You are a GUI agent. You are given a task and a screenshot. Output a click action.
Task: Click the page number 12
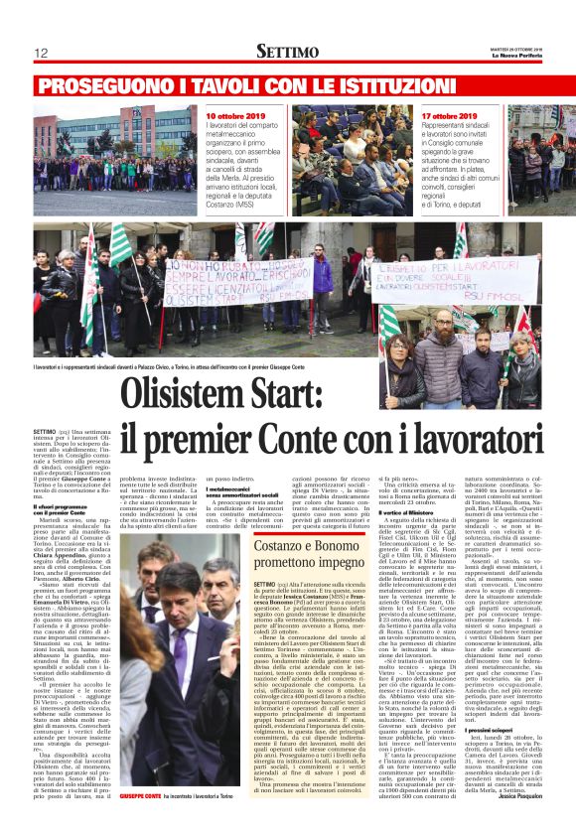[x=41, y=53]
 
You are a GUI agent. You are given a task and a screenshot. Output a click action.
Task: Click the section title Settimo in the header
[x=287, y=51]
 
